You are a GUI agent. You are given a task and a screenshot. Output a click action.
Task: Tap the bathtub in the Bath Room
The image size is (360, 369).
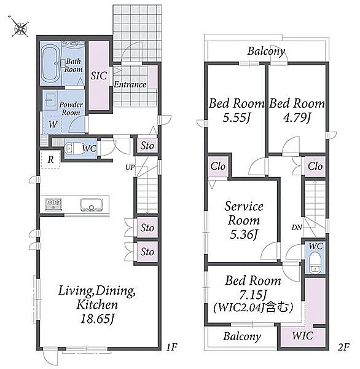[x=50, y=63]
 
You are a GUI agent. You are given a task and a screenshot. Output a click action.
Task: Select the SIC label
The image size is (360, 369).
[x=99, y=76]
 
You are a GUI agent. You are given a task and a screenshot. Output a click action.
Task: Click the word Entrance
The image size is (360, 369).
[x=130, y=84]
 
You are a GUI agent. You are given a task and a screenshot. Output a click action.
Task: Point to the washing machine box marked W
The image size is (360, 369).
[x=52, y=124]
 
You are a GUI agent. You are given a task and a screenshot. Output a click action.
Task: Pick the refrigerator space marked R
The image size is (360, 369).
[x=50, y=160]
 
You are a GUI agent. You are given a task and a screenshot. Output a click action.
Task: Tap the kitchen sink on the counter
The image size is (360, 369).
[x=92, y=205]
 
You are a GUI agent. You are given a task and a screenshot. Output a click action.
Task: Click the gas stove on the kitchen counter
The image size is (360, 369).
[x=54, y=204]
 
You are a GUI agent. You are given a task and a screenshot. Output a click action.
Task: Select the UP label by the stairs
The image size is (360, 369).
[x=130, y=167]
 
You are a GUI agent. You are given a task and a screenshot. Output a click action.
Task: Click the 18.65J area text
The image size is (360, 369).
[x=97, y=319]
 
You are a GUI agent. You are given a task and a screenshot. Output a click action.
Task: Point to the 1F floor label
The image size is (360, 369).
[x=171, y=347]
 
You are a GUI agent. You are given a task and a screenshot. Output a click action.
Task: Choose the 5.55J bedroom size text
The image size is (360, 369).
[x=236, y=118]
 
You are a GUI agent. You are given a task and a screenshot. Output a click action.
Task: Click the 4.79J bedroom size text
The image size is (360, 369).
[x=297, y=118]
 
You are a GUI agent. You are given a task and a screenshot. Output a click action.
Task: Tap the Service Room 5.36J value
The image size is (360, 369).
[x=244, y=234]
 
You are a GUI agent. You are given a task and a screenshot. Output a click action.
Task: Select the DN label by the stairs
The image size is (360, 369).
[x=297, y=228]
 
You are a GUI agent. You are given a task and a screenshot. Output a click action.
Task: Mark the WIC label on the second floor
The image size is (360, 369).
[x=303, y=336]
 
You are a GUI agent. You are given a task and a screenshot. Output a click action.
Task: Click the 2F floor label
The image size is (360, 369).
[x=344, y=347]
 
